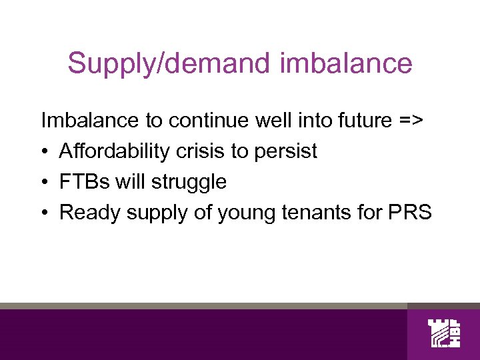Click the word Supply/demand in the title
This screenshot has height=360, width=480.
(x=170, y=64)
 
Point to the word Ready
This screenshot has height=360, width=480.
(x=83, y=213)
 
